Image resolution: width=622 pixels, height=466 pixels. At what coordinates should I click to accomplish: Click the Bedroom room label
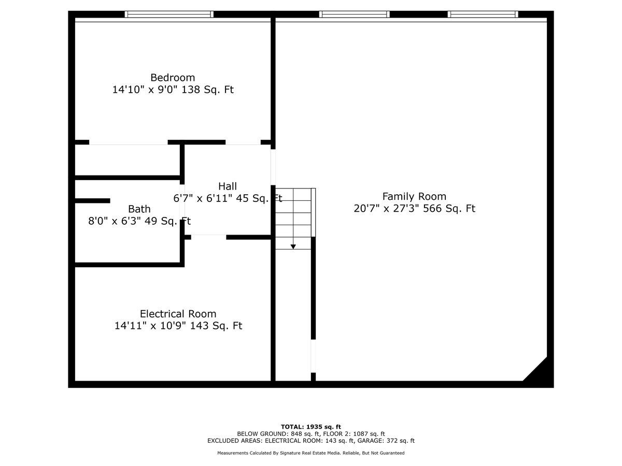tap(173, 78)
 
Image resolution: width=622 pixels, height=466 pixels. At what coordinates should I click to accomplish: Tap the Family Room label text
tap(414, 196)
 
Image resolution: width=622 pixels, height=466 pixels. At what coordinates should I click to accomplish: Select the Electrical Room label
tap(178, 314)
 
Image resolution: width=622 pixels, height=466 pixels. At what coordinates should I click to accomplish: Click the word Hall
tap(228, 186)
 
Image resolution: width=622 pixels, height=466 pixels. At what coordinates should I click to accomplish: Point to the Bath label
tap(139, 209)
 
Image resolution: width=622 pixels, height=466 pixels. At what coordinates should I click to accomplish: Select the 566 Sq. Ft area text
tap(449, 209)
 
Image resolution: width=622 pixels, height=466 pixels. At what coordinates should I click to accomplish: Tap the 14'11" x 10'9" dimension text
tap(150, 326)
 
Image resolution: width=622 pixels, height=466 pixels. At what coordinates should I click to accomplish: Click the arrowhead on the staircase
tap(293, 247)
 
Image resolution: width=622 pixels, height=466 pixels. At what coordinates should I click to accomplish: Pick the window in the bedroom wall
tap(169, 14)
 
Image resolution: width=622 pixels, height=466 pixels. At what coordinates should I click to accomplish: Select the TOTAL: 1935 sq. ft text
tap(311, 427)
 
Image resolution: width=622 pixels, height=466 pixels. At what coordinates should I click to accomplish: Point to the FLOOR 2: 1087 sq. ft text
tap(354, 434)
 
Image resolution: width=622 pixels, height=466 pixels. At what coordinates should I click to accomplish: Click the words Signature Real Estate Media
tap(310, 453)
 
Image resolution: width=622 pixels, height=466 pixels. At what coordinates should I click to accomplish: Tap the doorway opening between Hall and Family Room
tap(273, 167)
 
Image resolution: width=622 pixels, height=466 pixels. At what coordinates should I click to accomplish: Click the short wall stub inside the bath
tap(92, 200)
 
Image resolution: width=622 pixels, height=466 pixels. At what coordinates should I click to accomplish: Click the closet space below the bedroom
tap(128, 160)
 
